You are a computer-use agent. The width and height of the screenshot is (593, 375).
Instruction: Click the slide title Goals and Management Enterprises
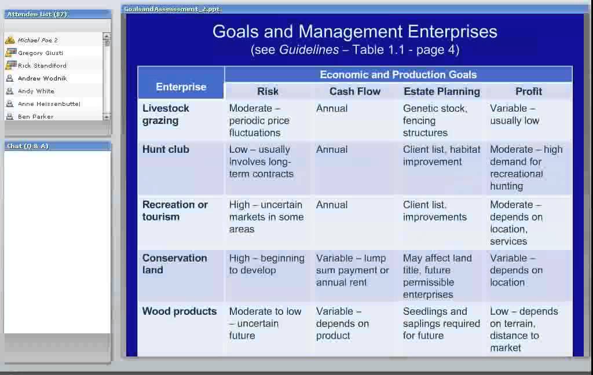click(354, 31)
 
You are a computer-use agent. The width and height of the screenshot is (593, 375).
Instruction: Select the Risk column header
click(268, 91)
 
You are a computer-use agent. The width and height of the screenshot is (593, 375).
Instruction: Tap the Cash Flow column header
click(354, 91)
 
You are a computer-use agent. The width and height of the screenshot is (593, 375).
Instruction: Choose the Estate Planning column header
click(441, 91)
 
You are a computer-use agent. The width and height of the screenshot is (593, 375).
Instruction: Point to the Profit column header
click(528, 91)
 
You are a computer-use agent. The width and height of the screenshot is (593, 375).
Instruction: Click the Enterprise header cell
click(181, 87)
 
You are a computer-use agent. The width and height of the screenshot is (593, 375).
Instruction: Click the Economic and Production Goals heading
click(398, 75)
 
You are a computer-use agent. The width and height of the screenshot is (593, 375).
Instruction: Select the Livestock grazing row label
click(166, 115)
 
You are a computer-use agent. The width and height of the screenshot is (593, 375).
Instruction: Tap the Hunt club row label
click(166, 149)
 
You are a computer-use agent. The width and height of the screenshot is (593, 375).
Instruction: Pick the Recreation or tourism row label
click(175, 211)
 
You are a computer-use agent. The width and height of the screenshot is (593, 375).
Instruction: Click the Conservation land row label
click(174, 264)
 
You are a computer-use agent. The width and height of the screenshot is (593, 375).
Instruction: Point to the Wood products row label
click(180, 311)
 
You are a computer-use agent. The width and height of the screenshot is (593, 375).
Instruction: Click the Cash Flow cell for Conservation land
click(352, 270)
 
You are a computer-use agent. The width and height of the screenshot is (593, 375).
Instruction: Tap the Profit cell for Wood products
click(524, 329)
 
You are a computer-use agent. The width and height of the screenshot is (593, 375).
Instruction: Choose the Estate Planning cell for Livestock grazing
click(434, 120)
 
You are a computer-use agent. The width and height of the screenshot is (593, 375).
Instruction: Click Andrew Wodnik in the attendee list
click(42, 78)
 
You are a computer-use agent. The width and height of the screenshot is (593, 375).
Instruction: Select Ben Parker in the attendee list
click(35, 116)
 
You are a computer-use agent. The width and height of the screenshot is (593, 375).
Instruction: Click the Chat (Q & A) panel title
click(28, 146)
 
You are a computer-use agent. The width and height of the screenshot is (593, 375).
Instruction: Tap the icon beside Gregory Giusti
click(10, 53)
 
